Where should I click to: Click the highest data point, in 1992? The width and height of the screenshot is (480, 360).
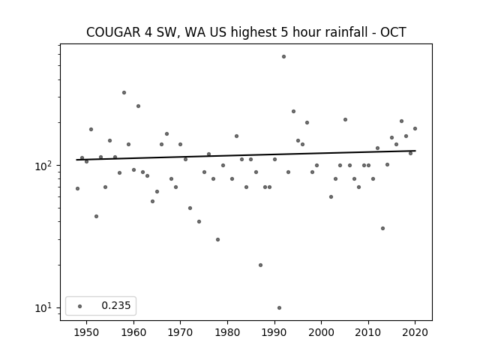283,57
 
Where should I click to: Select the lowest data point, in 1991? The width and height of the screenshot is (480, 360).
279,308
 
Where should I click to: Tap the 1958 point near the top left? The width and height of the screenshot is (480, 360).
124,93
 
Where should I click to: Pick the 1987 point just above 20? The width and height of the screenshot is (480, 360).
260,265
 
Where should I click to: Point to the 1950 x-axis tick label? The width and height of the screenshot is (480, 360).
87,333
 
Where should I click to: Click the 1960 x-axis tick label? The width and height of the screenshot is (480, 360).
133,333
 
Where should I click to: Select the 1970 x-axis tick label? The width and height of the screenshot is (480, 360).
181,333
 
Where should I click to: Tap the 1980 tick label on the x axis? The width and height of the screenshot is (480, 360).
227,333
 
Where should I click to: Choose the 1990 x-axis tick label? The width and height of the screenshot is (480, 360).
274,333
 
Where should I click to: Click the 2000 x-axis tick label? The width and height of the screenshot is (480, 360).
322,333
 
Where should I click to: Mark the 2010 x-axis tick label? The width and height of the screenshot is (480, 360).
368,333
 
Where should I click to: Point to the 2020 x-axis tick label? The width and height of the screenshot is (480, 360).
415,333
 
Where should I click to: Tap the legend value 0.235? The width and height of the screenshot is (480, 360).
116,306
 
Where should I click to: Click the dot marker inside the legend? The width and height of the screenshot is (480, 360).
80,306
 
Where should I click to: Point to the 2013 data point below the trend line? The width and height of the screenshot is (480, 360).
382,228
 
